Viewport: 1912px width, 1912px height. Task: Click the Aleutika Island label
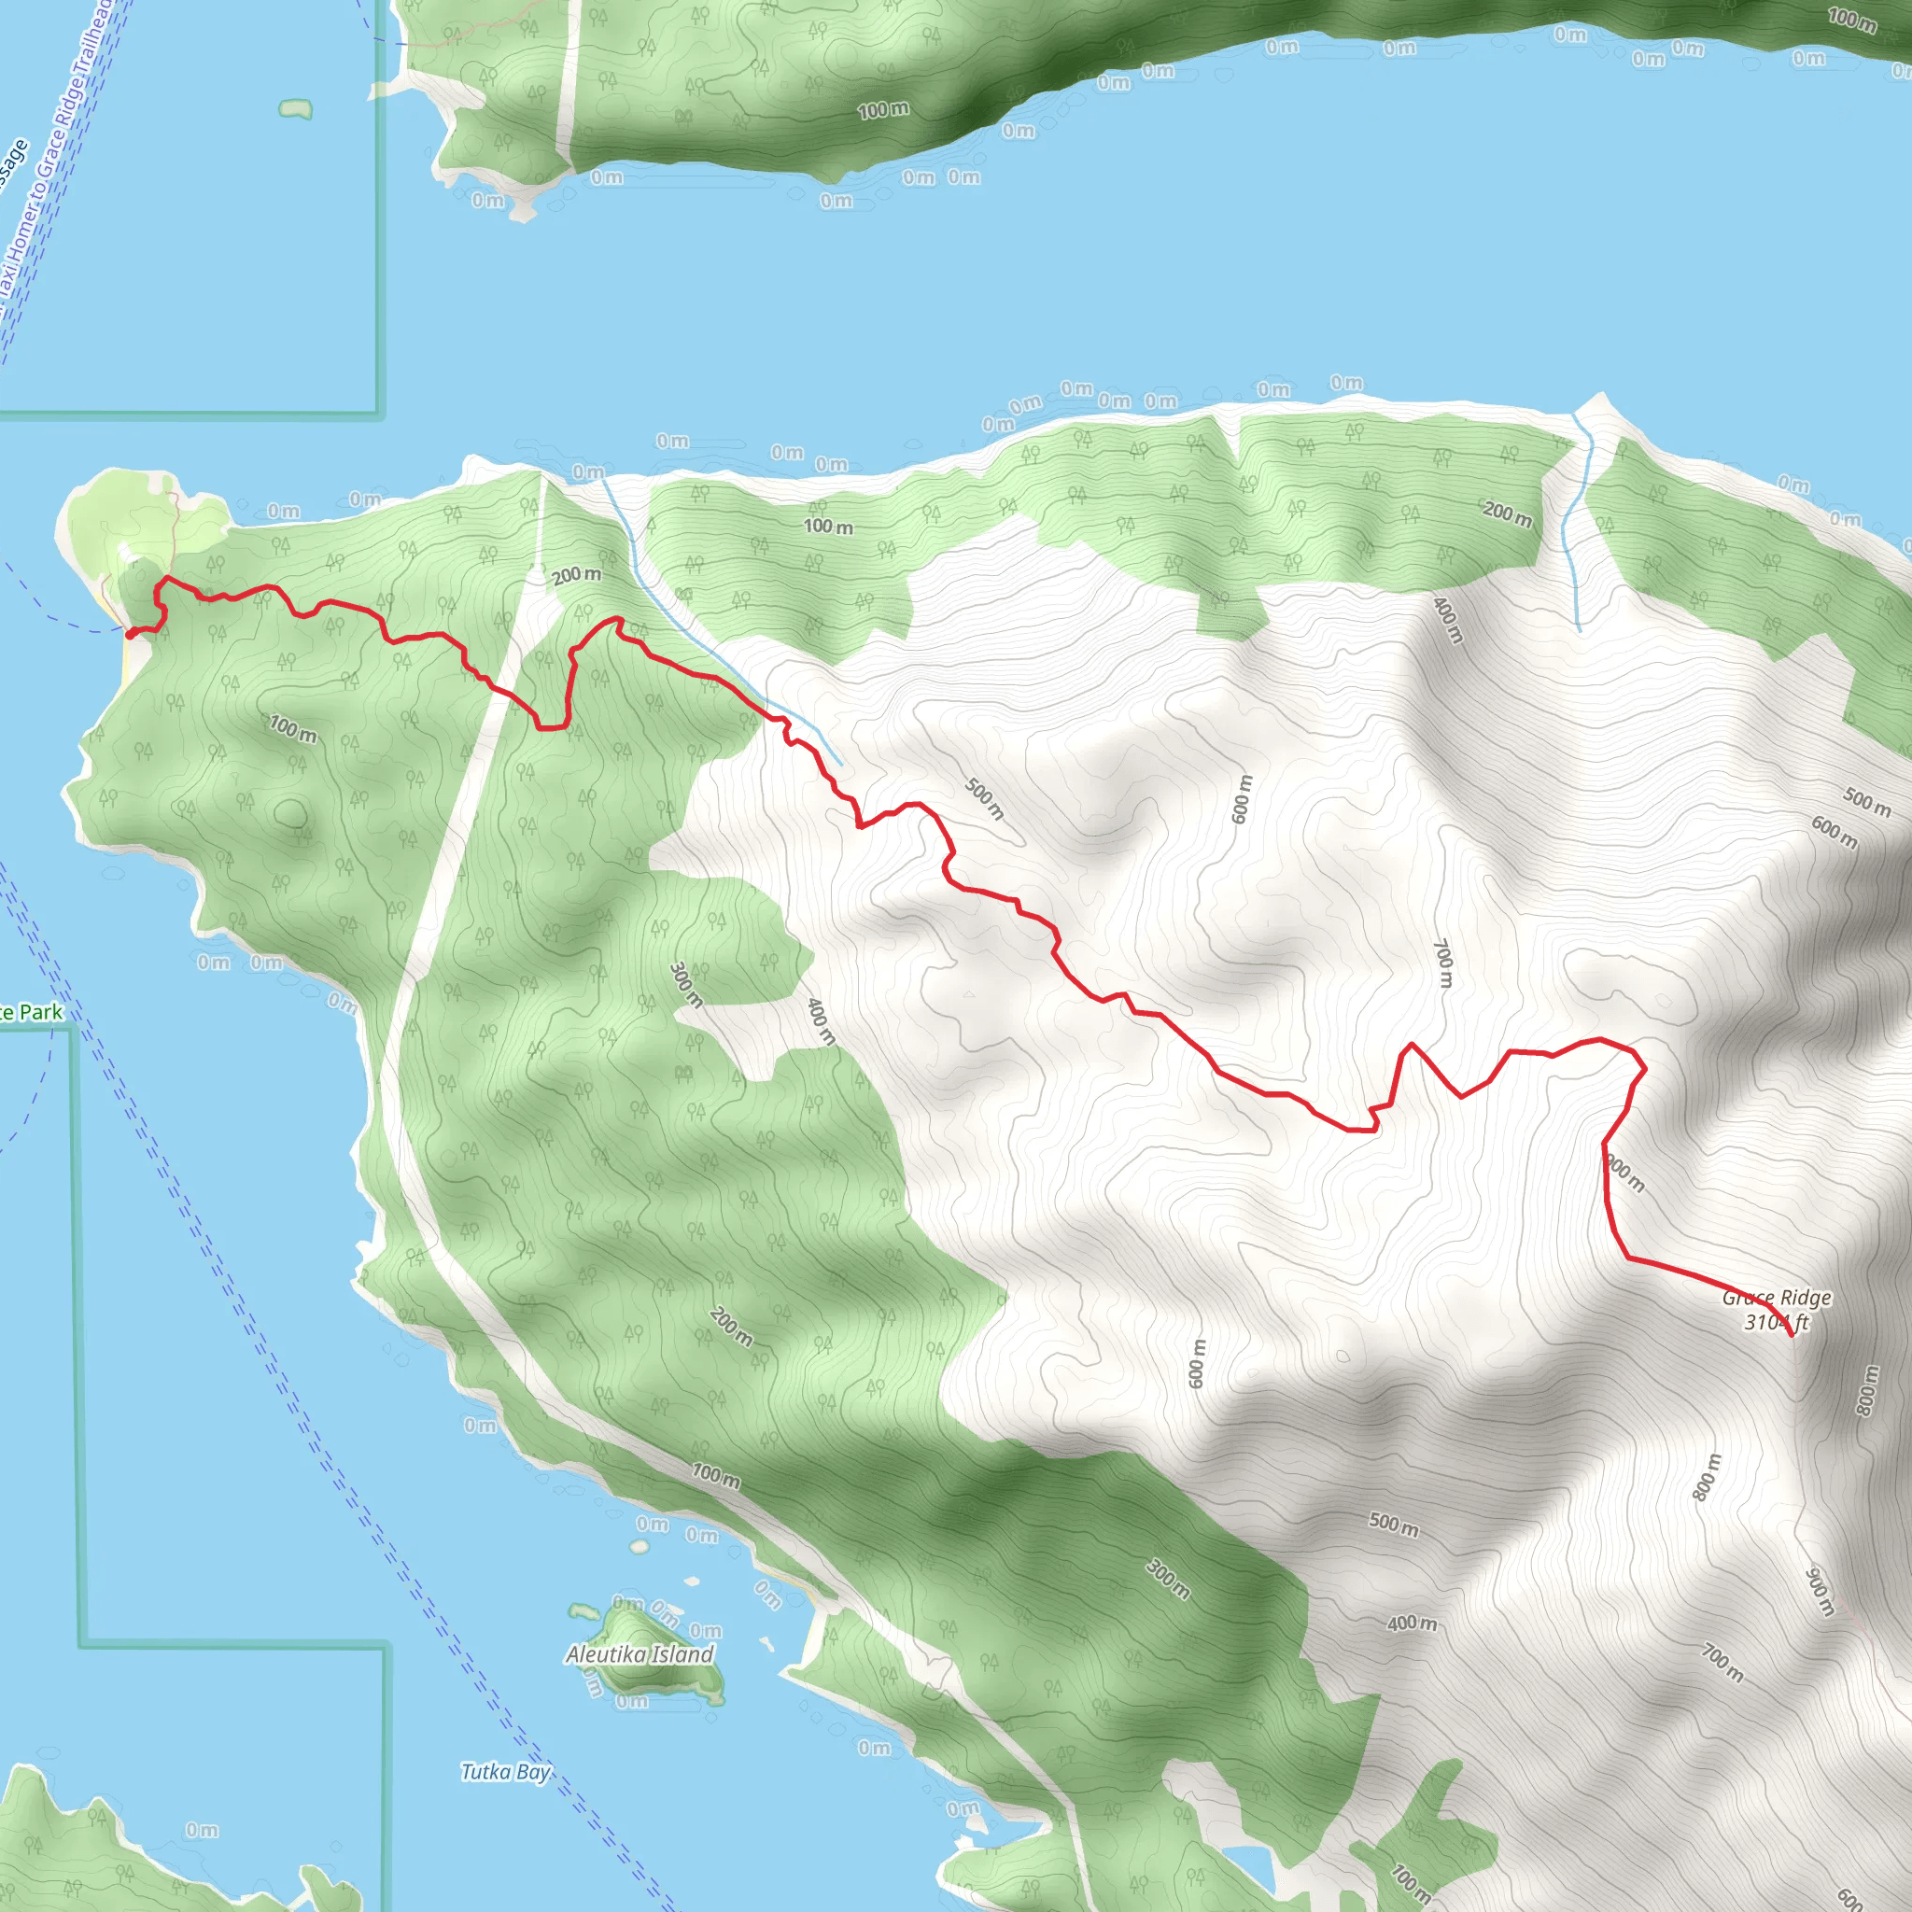click(640, 1653)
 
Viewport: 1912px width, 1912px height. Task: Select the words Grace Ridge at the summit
click(1777, 1298)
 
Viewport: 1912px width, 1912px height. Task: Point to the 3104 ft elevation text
click(1777, 1322)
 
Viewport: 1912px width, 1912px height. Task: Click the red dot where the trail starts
click(131, 633)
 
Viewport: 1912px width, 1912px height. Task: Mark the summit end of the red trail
click(1792, 1336)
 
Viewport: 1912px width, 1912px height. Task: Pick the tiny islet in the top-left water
click(295, 108)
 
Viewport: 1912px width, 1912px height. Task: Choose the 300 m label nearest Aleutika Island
click(1168, 1580)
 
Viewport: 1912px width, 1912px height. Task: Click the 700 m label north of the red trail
click(1443, 963)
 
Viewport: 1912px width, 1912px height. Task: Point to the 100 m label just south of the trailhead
click(293, 729)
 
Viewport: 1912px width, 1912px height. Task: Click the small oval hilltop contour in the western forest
click(290, 813)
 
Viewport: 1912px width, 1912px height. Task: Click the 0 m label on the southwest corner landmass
click(202, 1830)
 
